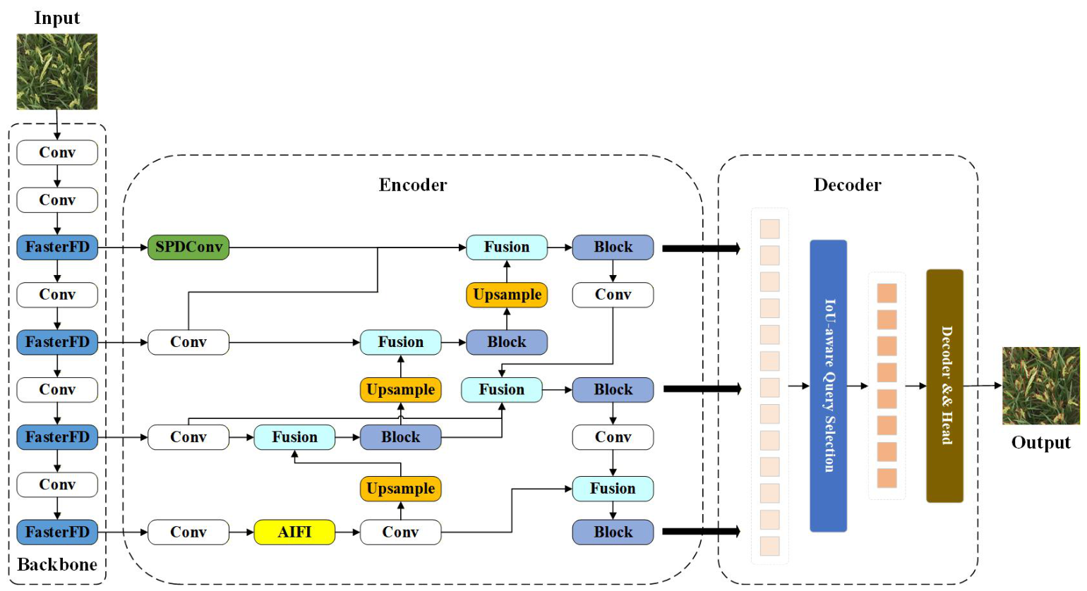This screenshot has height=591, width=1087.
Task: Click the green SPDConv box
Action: click(x=188, y=248)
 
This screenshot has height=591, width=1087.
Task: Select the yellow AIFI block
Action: click(x=294, y=532)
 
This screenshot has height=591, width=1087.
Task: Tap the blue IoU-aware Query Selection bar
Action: click(x=829, y=386)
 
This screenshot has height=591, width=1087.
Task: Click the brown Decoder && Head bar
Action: click(x=945, y=386)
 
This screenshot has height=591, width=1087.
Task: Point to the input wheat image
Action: click(x=57, y=71)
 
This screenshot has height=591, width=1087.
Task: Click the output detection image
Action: click(x=1041, y=386)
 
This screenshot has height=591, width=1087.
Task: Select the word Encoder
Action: click(x=413, y=185)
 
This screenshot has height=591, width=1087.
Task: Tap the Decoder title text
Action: click(x=847, y=185)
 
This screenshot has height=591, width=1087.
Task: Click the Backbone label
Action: click(x=57, y=564)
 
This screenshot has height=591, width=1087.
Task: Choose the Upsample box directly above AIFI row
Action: click(x=401, y=489)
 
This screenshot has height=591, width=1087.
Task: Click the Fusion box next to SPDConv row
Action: click(x=507, y=248)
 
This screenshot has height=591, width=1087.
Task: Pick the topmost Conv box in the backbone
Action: click(x=57, y=152)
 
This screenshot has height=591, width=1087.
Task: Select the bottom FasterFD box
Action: click(x=57, y=532)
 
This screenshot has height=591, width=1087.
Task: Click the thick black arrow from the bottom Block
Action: click(x=701, y=532)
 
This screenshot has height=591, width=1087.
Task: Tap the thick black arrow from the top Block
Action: click(x=701, y=248)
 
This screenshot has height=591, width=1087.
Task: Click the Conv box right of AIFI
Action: click(x=401, y=532)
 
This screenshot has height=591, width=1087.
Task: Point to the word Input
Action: click(x=57, y=18)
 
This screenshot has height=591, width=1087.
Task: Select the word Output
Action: click(x=1041, y=443)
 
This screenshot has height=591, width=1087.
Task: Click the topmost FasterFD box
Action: click(x=57, y=248)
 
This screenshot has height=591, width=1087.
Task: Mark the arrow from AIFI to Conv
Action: click(x=347, y=532)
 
